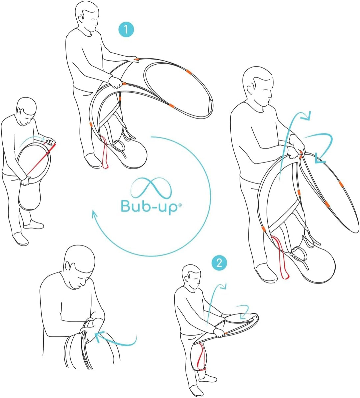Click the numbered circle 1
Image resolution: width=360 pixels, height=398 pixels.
126,30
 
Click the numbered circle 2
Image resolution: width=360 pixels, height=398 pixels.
219,263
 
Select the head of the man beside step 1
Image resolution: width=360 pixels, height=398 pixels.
86,15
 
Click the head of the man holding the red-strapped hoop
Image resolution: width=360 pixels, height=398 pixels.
27,111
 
